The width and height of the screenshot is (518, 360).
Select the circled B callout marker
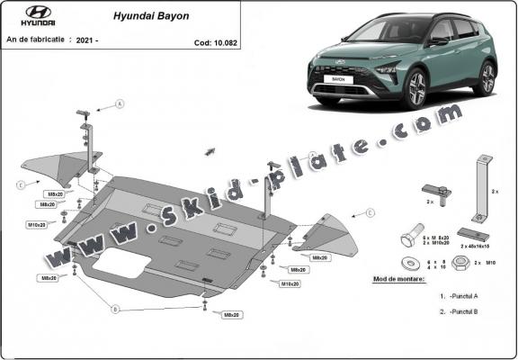pos(115,309)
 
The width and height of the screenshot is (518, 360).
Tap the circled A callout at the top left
pos(119,104)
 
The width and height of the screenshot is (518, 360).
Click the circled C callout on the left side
pos(20,185)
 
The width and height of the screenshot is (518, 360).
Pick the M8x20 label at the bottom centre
pos(231,314)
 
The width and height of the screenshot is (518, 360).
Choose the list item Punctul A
pos(460,295)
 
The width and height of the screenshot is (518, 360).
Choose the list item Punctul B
pos(460,311)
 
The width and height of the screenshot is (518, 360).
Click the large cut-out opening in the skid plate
pos(121,265)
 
